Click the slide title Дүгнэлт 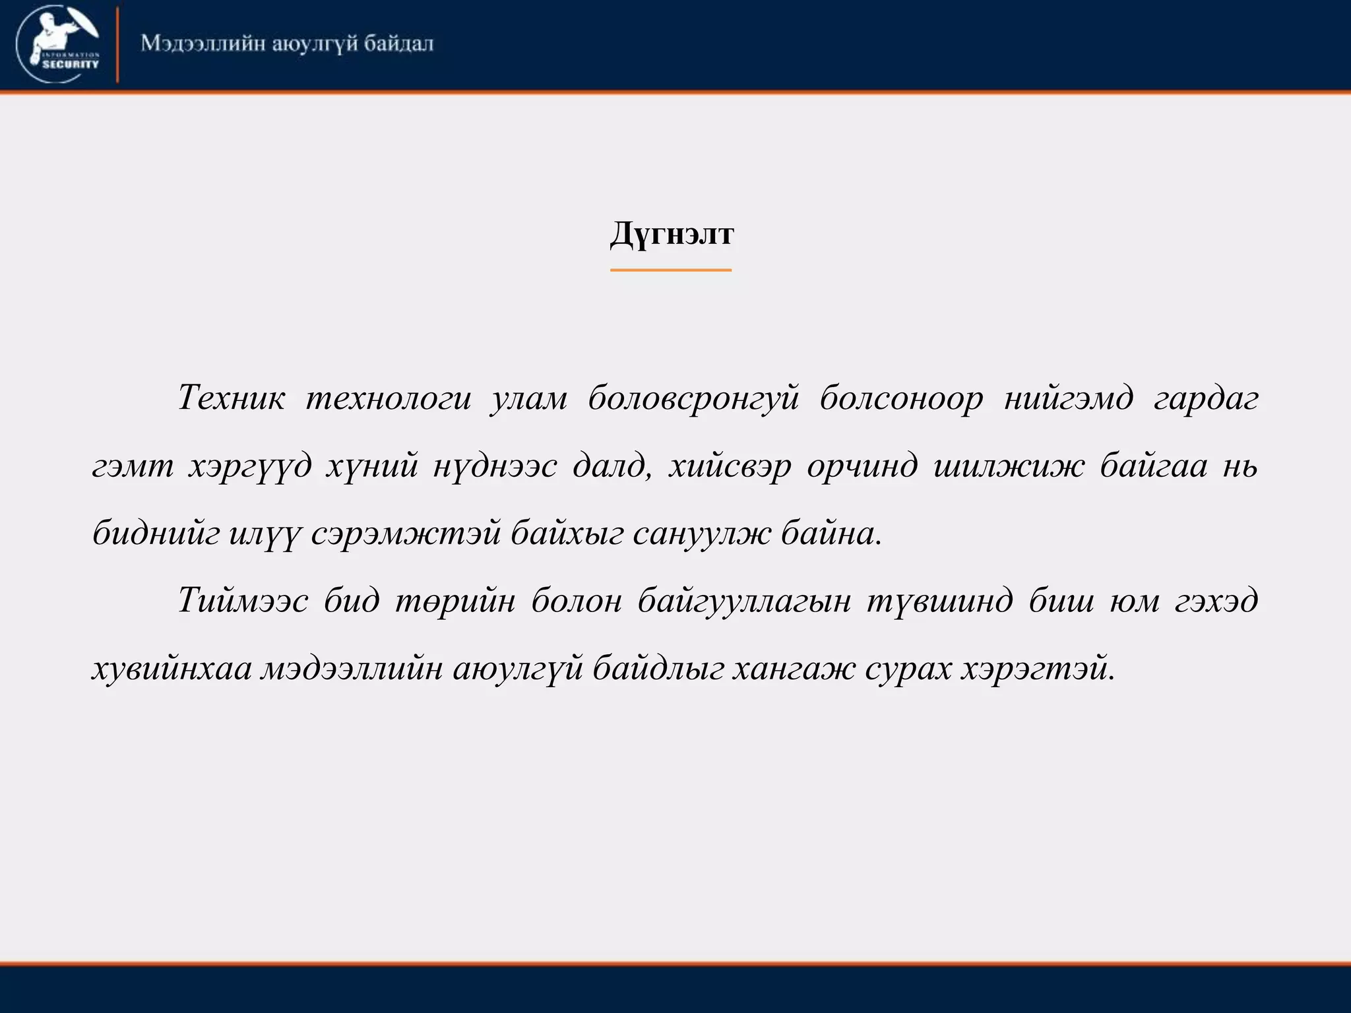(672, 234)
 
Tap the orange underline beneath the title (671, 270)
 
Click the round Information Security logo (58, 44)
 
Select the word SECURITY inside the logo (70, 65)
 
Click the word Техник (232, 398)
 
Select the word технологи (389, 398)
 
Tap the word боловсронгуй (693, 398)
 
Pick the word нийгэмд (1069, 398)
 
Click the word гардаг (1206, 398)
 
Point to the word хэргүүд (250, 466)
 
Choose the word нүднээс (495, 466)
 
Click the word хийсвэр (730, 466)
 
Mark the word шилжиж (1009, 466)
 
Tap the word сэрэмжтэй (406, 534)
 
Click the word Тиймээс (243, 601)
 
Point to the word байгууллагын (745, 601)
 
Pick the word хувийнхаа (172, 669)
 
